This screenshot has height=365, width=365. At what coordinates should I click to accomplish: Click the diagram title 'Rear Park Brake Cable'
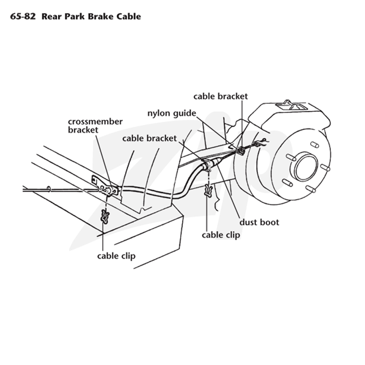click(91, 16)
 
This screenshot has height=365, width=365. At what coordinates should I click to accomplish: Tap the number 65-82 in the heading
click(23, 16)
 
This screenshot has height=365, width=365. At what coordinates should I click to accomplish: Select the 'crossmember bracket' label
click(95, 126)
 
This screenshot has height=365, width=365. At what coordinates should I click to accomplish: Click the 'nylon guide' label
click(172, 113)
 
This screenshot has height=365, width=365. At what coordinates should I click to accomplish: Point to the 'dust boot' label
click(259, 222)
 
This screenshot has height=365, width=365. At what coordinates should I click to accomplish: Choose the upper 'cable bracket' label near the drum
click(220, 96)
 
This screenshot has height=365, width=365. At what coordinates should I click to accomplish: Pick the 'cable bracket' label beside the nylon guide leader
click(150, 138)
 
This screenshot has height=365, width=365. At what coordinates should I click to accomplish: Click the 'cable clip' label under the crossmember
click(116, 256)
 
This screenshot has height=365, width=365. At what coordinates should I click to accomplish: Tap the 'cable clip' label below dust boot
click(221, 235)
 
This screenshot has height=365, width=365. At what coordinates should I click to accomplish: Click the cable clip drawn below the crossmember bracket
click(105, 216)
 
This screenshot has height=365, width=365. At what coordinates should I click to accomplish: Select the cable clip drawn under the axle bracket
click(209, 190)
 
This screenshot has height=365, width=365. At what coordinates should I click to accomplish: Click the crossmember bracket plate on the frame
click(105, 186)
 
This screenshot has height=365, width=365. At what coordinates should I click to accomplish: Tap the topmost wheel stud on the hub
click(314, 145)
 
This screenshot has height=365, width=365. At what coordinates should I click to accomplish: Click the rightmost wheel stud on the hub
click(325, 167)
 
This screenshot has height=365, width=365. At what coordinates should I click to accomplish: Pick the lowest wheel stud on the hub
click(311, 189)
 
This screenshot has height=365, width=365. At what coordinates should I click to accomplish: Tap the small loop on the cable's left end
click(49, 189)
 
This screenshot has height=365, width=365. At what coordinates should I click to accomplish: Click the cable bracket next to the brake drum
click(241, 151)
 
